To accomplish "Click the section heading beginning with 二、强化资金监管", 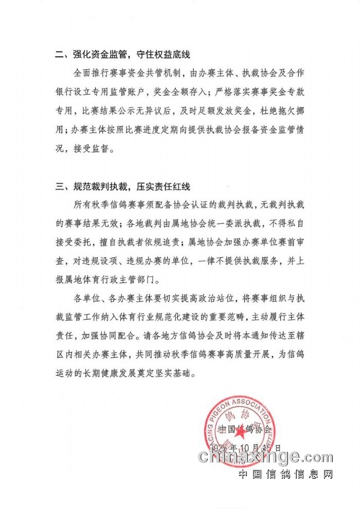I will (123, 55).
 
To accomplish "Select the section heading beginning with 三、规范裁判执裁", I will (123, 186).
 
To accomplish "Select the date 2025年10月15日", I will (250, 447).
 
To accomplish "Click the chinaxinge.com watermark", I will (265, 457).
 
